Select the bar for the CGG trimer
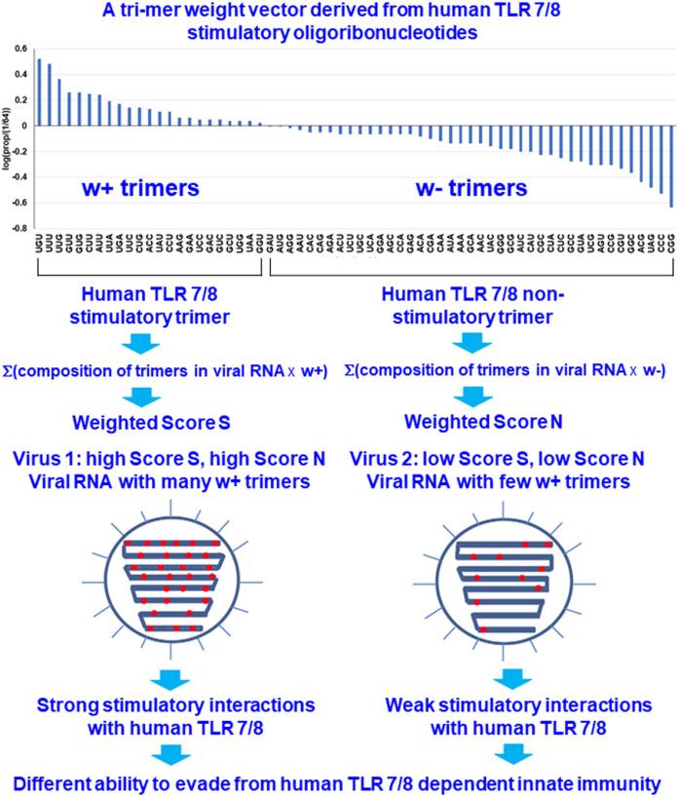(670, 166)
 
